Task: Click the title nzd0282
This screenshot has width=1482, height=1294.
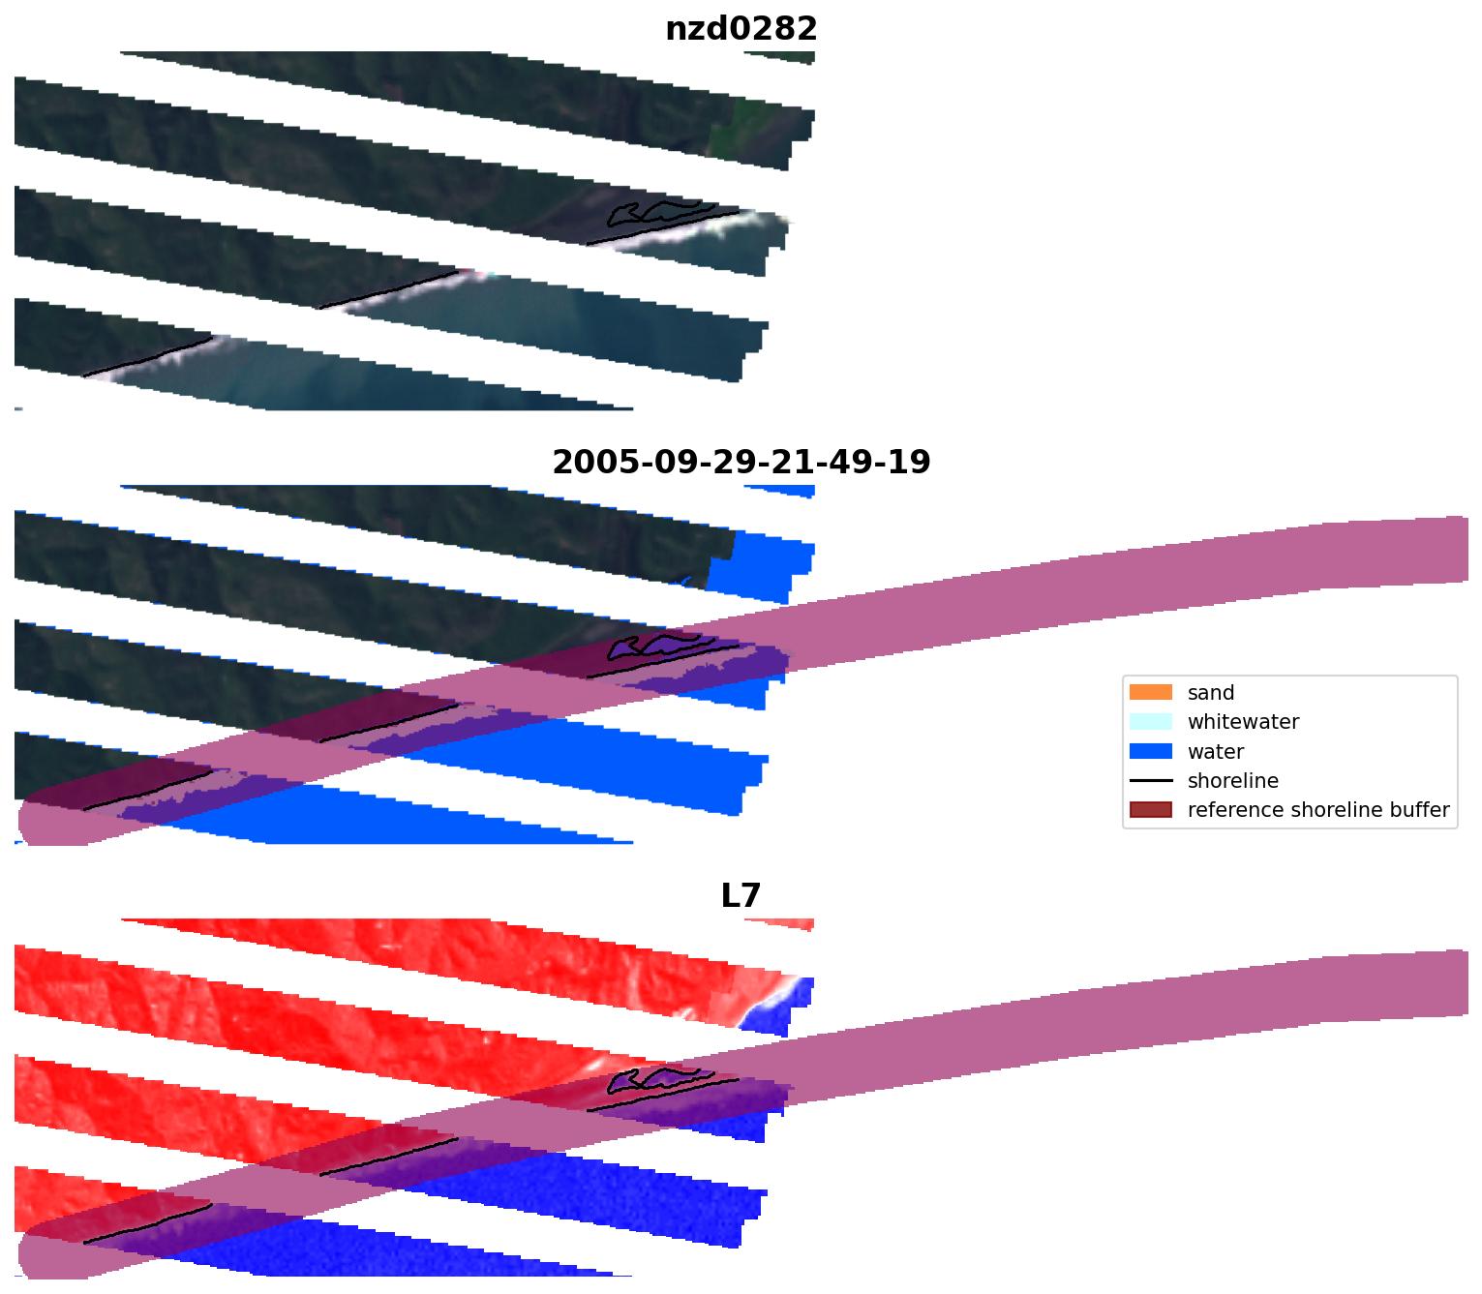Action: pyautogui.click(x=741, y=29)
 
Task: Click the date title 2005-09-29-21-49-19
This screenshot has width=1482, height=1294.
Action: pyautogui.click(x=741, y=463)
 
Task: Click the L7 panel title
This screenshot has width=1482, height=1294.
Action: pyautogui.click(x=741, y=896)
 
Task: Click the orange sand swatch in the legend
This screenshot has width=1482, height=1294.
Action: pyautogui.click(x=1150, y=693)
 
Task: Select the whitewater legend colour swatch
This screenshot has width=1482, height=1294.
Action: pyautogui.click(x=1150, y=722)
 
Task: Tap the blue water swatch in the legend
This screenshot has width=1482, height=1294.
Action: pyautogui.click(x=1150, y=752)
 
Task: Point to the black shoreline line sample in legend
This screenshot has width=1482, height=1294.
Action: pyautogui.click(x=1150, y=781)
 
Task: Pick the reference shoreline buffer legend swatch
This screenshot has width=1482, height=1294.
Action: pyautogui.click(x=1150, y=810)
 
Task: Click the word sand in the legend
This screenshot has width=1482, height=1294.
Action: pyautogui.click(x=1210, y=693)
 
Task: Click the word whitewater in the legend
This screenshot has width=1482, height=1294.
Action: pyautogui.click(x=1243, y=722)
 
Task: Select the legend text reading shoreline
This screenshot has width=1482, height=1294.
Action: pyautogui.click(x=1232, y=781)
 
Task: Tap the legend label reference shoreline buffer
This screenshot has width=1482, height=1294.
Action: pyautogui.click(x=1317, y=810)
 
